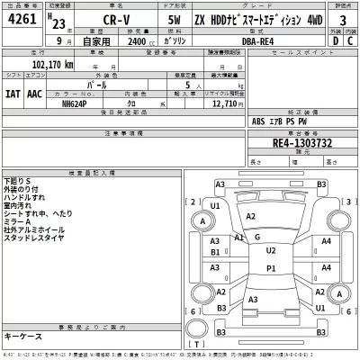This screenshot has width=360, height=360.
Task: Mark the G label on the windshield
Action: click(257, 237)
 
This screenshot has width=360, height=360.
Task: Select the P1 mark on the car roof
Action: click(271, 269)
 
